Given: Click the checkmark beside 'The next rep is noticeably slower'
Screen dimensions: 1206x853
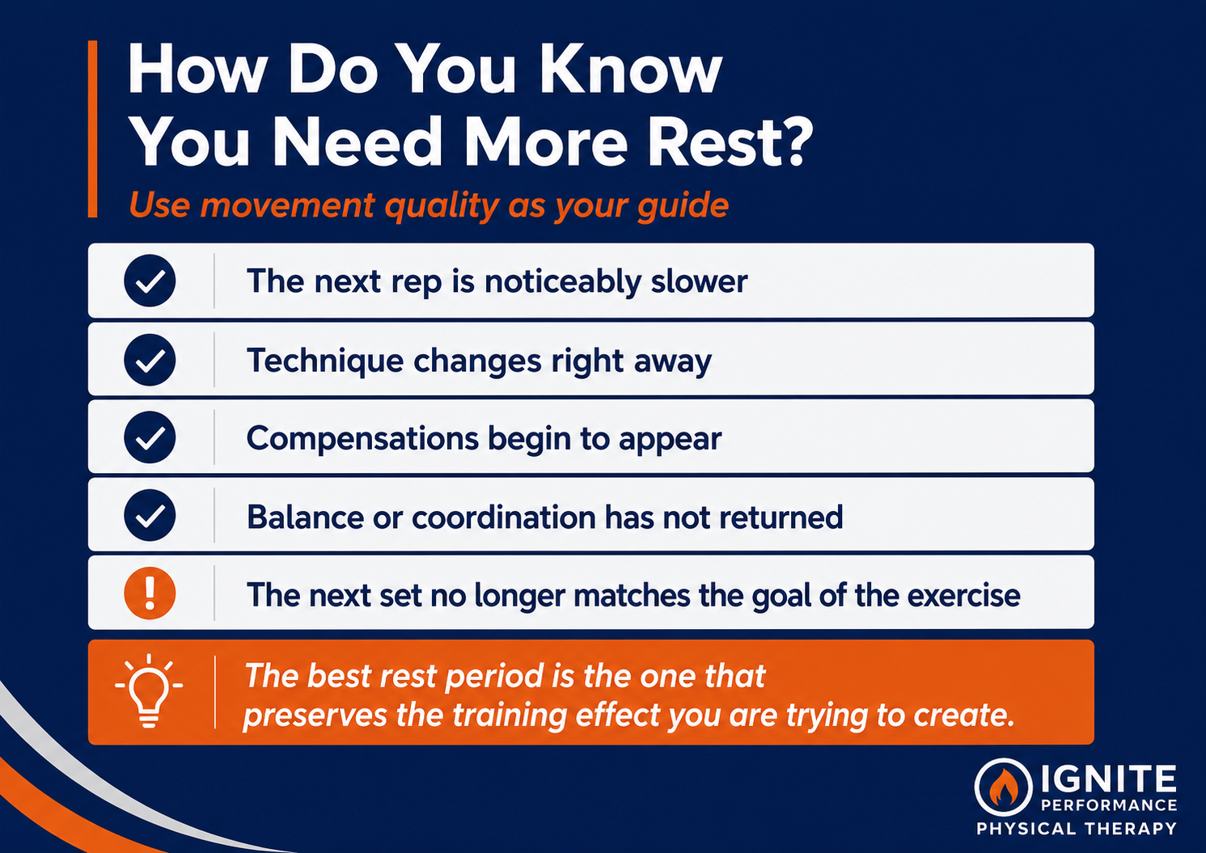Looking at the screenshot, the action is pyautogui.click(x=150, y=281).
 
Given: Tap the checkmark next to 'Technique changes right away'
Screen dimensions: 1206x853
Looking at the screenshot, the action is pyautogui.click(x=150, y=360).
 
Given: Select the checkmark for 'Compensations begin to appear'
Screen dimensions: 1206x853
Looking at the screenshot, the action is pyautogui.click(x=150, y=437).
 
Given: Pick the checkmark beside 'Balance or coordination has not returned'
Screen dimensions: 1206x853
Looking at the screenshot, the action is pyautogui.click(x=150, y=515).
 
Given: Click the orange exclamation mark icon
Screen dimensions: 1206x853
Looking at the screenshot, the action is pyautogui.click(x=150, y=593).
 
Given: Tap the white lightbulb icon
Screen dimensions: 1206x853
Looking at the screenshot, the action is pyautogui.click(x=149, y=691).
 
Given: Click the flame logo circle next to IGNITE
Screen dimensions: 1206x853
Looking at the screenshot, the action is pyautogui.click(x=1004, y=788).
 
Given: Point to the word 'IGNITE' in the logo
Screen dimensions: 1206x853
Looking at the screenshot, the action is pyautogui.click(x=1109, y=779).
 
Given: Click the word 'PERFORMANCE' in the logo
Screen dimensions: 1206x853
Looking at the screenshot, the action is pyautogui.click(x=1109, y=805).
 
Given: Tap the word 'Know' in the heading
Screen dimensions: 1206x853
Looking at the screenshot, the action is pyautogui.click(x=632, y=70).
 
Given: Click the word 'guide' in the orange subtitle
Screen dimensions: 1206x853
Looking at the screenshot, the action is pyautogui.click(x=683, y=206).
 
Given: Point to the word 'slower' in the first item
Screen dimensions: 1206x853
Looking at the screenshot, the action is pyautogui.click(x=699, y=281).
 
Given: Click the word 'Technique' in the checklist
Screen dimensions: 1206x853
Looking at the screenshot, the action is pyautogui.click(x=325, y=361).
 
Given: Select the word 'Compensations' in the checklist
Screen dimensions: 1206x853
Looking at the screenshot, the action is pyautogui.click(x=362, y=439).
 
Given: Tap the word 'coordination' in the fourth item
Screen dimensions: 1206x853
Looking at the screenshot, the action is pyautogui.click(x=503, y=517).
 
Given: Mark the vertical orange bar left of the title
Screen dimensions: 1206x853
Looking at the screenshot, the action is pyautogui.click(x=92, y=129).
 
